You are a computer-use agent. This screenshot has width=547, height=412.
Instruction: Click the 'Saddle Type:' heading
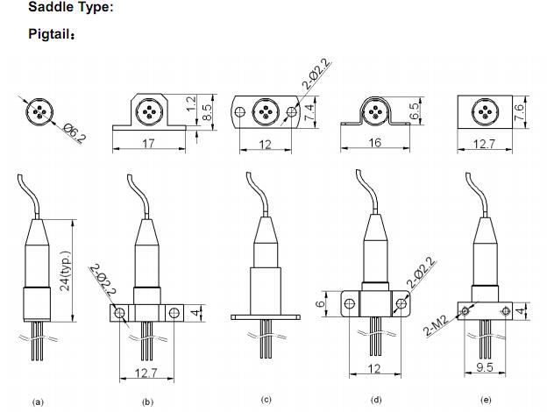pos(71,7)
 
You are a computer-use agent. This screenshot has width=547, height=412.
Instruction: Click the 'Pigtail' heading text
pos(50,34)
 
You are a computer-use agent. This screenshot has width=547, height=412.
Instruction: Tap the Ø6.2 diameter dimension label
pos(75,133)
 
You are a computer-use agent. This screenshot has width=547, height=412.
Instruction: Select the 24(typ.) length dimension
pos(65,271)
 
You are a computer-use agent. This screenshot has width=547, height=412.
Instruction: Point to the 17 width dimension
pos(148,143)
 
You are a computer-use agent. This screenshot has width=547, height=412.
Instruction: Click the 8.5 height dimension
pos(207,112)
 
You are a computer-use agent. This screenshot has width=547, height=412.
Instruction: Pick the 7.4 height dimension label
pos(309,112)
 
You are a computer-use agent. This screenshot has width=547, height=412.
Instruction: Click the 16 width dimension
pos(374,142)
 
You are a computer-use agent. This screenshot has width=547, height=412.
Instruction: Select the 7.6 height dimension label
pos(520,111)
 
